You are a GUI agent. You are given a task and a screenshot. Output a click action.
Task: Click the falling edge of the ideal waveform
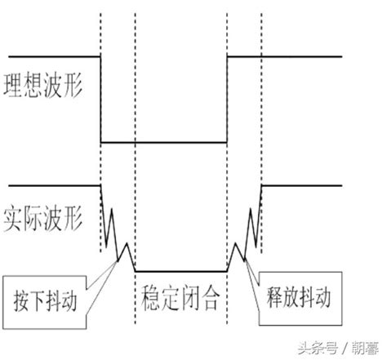(x=100, y=98)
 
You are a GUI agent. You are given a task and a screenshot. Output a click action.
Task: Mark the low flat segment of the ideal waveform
(x=163, y=142)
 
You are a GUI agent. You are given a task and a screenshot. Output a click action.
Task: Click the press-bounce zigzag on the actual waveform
(x=116, y=233)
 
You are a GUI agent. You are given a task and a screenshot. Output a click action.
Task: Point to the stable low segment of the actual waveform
(x=180, y=271)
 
